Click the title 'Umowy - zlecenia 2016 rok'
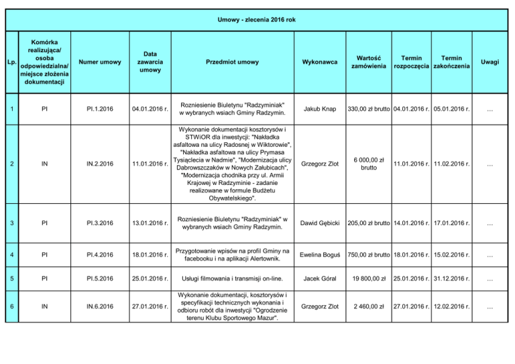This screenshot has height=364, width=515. (257, 21)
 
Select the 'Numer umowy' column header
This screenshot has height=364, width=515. (100, 62)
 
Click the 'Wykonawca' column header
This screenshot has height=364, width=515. (320, 62)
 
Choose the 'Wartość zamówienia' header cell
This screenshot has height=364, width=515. (369, 62)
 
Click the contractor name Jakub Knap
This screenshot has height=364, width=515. (320, 109)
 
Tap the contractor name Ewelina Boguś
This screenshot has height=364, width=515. (320, 255)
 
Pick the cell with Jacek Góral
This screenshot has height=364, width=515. (320, 278)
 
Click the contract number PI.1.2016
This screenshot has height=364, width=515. (100, 109)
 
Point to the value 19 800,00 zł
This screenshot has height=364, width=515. (369, 278)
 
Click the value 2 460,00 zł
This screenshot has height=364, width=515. (369, 308)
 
